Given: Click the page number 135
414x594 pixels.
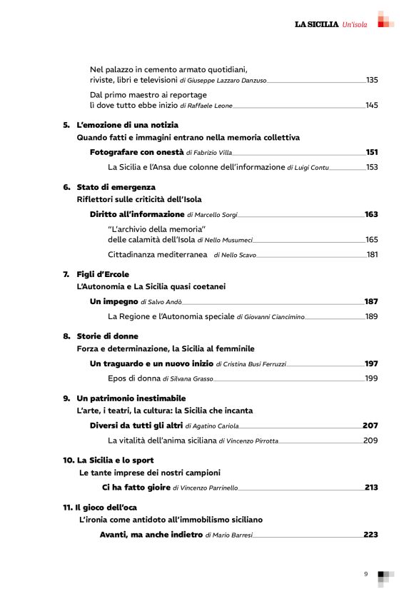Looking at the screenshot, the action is tap(371, 80).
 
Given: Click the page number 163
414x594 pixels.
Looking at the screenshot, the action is tap(371, 214).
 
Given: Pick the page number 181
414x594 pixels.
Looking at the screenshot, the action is tap(372, 255).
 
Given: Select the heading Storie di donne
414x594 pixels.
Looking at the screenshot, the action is tap(108, 336).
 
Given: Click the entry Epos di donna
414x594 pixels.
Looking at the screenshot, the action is tap(133, 378).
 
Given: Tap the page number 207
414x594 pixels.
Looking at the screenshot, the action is tap(370, 426).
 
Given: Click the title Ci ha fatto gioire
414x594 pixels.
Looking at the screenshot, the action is tap(136, 488).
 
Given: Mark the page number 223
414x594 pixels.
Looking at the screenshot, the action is tap(371, 534).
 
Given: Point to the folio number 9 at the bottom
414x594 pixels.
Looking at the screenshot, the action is tap(365, 574).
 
